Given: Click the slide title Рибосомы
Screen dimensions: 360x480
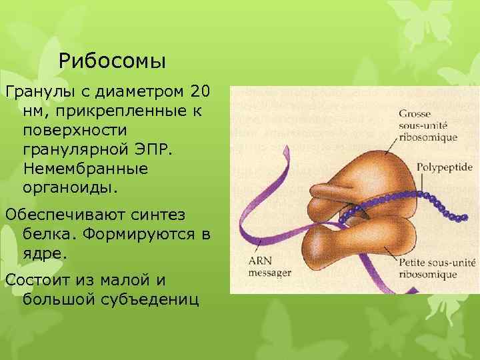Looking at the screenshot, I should tap(112, 61).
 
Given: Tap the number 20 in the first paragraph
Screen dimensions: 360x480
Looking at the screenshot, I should tap(203, 89).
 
